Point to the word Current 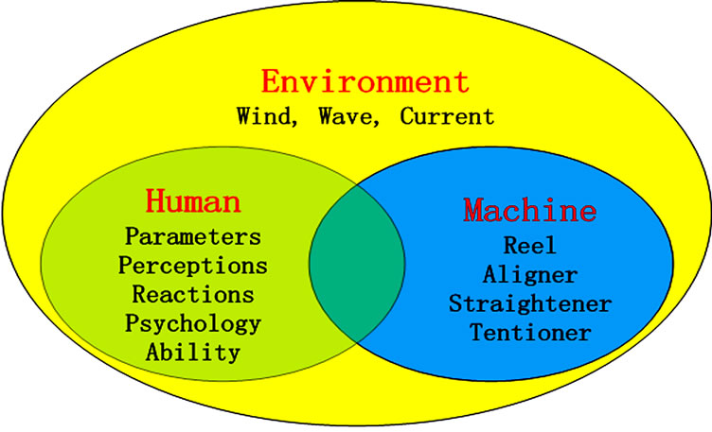[447, 117]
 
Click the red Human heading [193, 201]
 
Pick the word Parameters [193, 236]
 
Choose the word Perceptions [193, 266]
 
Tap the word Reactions [193, 294]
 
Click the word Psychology [193, 323]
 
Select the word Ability [193, 353]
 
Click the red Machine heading [530, 209]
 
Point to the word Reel [530, 245]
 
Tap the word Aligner [530, 274]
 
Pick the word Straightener [530, 303]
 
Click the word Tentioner [530, 333]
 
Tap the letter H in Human [158, 201]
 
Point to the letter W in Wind [242, 117]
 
